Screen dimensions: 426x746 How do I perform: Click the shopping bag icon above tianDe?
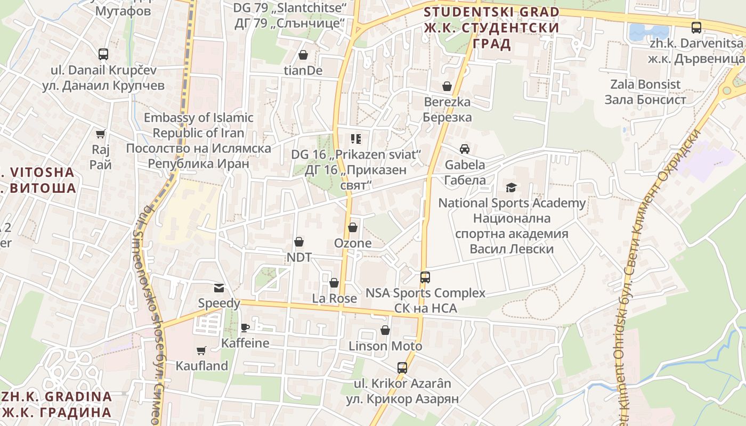[303, 55]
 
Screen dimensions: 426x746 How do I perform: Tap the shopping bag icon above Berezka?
[447, 86]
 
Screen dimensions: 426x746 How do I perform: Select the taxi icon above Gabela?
[465, 149]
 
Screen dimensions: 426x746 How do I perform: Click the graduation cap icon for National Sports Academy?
[512, 187]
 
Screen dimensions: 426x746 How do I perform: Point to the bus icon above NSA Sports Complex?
[425, 277]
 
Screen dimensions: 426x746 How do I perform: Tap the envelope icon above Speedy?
[219, 288]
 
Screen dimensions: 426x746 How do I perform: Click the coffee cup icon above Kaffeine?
[245, 327]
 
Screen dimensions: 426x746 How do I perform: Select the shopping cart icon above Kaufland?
[201, 350]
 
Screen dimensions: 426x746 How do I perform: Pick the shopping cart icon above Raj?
[100, 134]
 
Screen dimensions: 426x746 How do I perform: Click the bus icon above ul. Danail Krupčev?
[103, 54]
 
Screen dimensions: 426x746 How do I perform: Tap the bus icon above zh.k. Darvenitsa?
[696, 28]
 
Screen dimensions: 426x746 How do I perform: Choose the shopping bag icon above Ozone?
[352, 228]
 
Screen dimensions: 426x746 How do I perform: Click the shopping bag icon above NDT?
[299, 242]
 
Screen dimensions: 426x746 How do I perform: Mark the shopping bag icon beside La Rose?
[334, 283]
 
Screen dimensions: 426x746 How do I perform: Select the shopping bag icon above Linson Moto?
[385, 331]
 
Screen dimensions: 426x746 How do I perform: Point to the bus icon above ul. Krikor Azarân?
[402, 368]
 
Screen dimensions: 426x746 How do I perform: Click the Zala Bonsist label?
[645, 92]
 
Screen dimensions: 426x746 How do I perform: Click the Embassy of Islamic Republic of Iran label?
[198, 141]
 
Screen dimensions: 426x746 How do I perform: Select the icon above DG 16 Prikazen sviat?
[356, 139]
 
